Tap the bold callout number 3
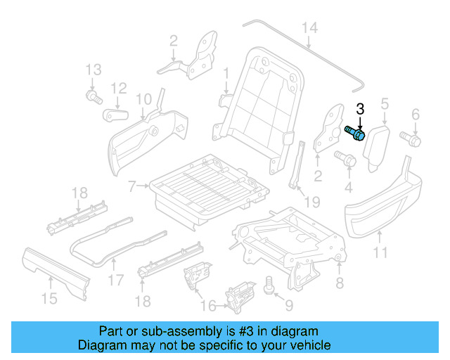(360, 109)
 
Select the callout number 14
(309, 28)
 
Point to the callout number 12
(118, 88)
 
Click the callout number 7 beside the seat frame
(132, 186)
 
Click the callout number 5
(385, 104)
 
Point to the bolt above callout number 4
(345, 158)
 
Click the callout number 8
(340, 283)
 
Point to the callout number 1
(226, 73)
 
